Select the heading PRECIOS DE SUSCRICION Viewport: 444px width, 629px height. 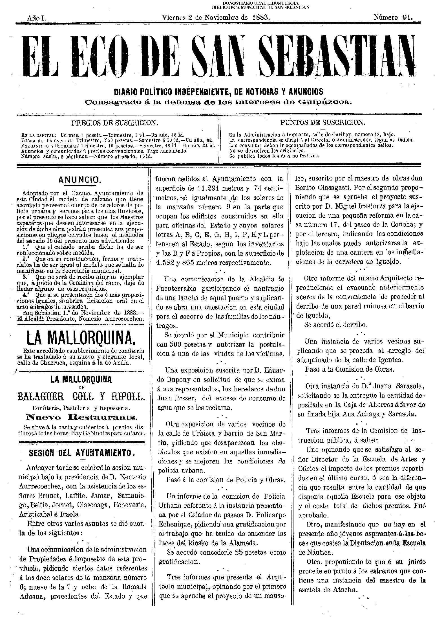coord(114,123)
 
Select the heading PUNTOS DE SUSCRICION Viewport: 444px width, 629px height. coord(322,122)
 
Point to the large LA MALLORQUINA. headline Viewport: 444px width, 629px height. coord(81,338)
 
